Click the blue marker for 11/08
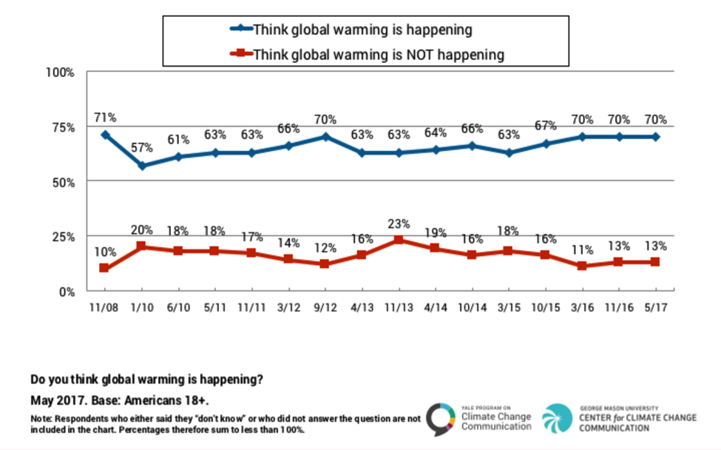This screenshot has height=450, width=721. point(105,135)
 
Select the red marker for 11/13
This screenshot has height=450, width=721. point(399,240)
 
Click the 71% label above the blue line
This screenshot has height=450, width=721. point(105,118)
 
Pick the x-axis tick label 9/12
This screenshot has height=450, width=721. point(325,305)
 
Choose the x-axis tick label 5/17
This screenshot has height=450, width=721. point(655,305)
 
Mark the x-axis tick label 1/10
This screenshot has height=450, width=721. point(142,305)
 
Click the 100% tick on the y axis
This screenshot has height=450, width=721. point(60,73)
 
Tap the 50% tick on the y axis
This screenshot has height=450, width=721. point(63,181)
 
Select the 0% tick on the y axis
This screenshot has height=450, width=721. point(67,291)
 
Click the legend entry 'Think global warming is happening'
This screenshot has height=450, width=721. point(362,30)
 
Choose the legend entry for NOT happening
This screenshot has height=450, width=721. point(378,54)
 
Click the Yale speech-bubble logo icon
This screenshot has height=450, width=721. point(441,418)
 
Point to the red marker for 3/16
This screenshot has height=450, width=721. point(582,266)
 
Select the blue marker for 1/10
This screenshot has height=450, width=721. point(142,166)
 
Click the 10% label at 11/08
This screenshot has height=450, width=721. point(105,252)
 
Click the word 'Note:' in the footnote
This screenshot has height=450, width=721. point(41,418)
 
